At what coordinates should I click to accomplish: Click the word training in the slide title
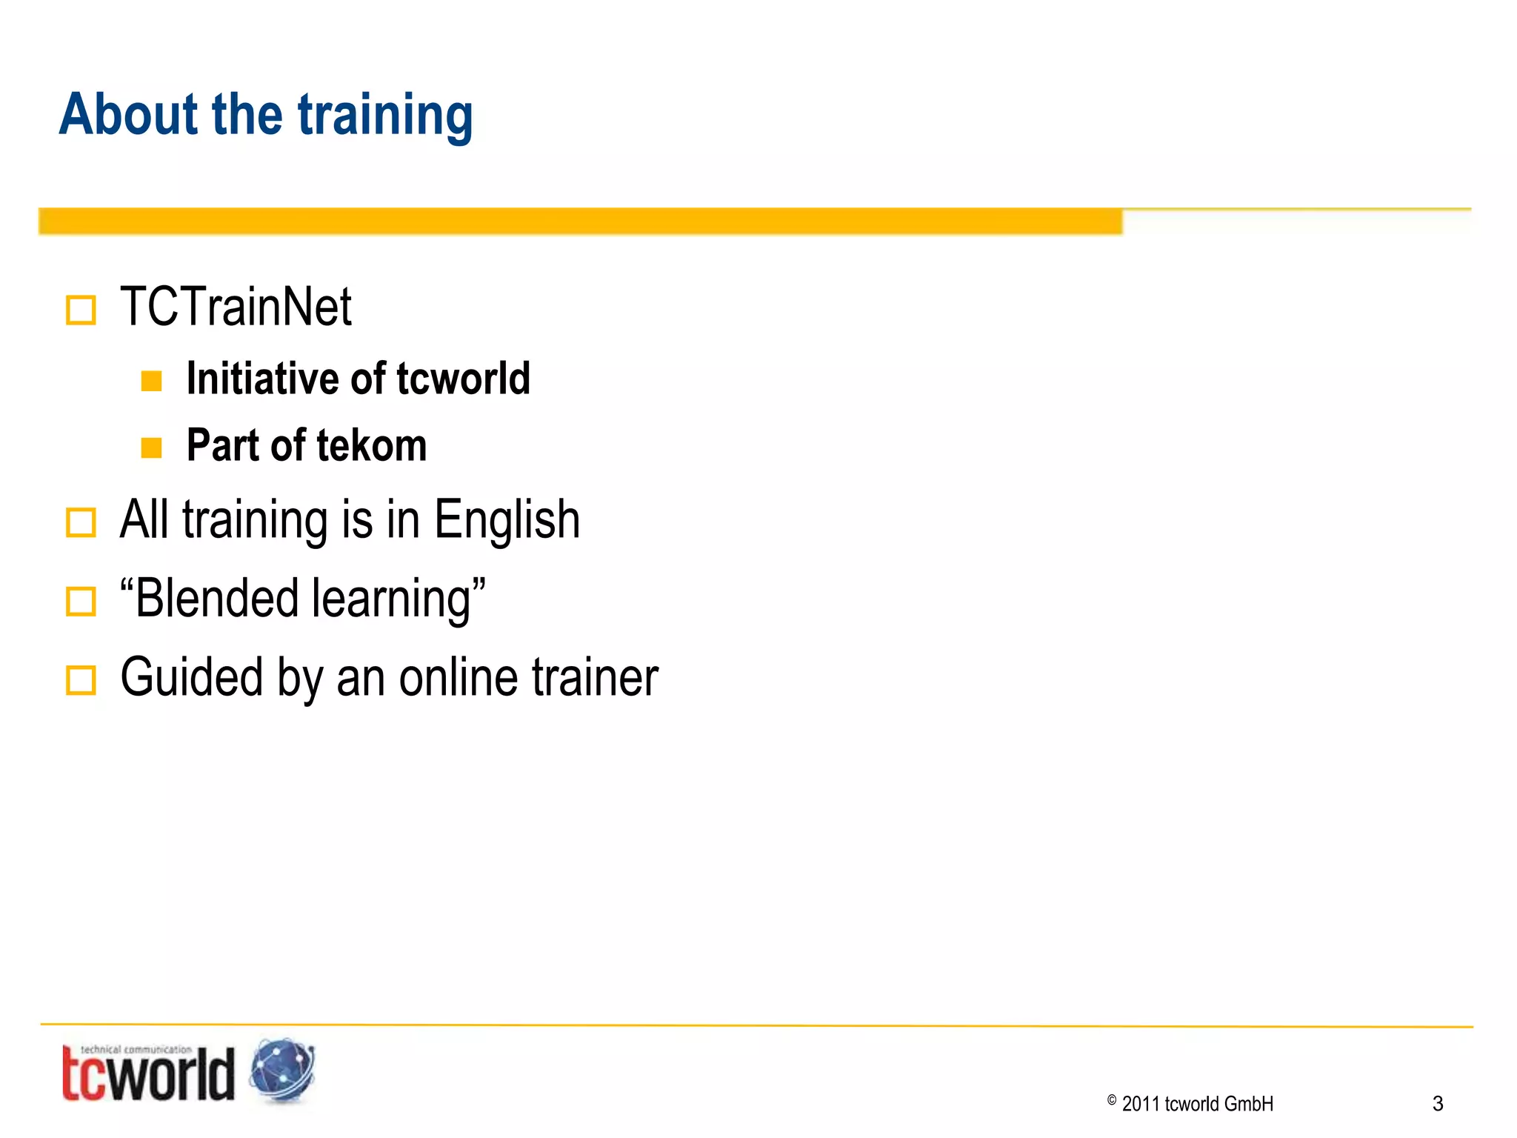(x=385, y=117)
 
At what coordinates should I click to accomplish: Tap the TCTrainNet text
(x=236, y=307)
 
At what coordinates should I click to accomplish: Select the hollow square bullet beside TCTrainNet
(x=81, y=310)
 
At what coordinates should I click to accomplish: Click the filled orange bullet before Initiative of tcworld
(x=152, y=381)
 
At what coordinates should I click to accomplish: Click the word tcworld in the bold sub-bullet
(x=463, y=379)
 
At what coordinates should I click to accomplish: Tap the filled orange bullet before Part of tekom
(x=152, y=447)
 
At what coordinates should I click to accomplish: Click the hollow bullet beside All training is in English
(x=81, y=522)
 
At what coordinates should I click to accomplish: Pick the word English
(x=507, y=519)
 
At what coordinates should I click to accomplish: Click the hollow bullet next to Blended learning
(x=81, y=602)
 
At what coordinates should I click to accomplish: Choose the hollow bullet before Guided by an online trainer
(x=81, y=680)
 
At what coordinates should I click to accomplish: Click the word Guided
(x=192, y=678)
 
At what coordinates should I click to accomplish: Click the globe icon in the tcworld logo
(x=282, y=1071)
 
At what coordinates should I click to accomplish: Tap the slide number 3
(x=1438, y=1104)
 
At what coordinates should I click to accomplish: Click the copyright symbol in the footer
(x=1112, y=1101)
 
